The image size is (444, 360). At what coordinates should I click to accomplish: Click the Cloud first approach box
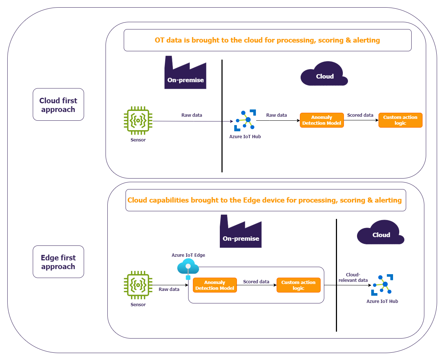[58, 105]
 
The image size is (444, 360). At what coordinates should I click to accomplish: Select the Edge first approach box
[58, 262]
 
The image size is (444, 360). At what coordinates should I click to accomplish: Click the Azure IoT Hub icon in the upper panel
[245, 120]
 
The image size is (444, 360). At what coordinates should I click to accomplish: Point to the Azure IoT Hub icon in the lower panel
[382, 285]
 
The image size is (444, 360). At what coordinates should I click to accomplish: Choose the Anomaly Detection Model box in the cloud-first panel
[322, 120]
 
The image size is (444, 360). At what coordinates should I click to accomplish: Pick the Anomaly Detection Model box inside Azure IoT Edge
[215, 285]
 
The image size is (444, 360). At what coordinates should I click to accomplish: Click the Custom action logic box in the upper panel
[400, 120]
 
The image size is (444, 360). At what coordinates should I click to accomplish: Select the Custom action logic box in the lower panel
[298, 285]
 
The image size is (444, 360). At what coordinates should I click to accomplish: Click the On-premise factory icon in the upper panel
[185, 73]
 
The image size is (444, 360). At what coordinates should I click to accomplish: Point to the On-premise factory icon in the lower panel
[241, 232]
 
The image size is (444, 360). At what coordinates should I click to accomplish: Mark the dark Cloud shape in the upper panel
[324, 74]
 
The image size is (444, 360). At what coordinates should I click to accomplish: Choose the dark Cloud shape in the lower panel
[380, 233]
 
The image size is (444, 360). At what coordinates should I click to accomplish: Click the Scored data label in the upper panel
[360, 115]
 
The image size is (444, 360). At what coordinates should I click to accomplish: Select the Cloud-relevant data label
[353, 277]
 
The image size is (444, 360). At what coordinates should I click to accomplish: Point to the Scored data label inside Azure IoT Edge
[256, 282]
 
